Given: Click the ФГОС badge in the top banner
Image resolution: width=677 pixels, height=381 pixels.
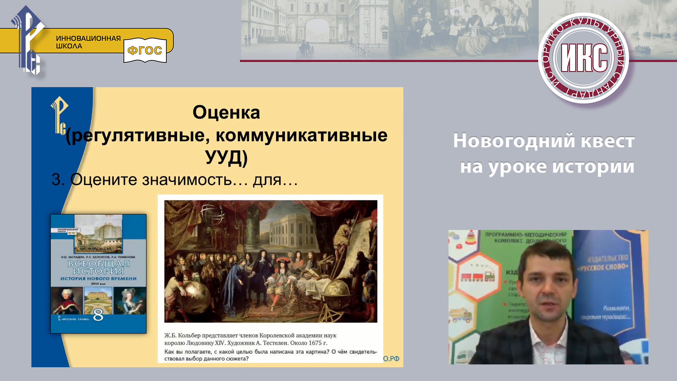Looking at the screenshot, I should point(145,50).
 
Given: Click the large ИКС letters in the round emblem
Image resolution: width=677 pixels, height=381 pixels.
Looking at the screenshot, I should point(584,58).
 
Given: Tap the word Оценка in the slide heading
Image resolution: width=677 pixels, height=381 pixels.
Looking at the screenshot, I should point(226,113).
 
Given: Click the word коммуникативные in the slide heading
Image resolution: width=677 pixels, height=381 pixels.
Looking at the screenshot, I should point(301,135).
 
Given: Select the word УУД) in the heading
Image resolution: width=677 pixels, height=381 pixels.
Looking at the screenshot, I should point(226,157).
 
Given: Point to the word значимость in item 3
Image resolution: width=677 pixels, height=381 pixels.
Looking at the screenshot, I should point(187,180).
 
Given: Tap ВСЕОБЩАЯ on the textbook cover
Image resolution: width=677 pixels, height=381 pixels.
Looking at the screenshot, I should point(98,264).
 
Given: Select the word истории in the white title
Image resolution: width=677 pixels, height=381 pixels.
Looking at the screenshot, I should point(593,167).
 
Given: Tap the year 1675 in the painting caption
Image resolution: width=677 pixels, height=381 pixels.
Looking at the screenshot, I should point(315,343).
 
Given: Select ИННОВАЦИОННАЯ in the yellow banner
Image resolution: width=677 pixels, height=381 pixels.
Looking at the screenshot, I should point(88,38).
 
